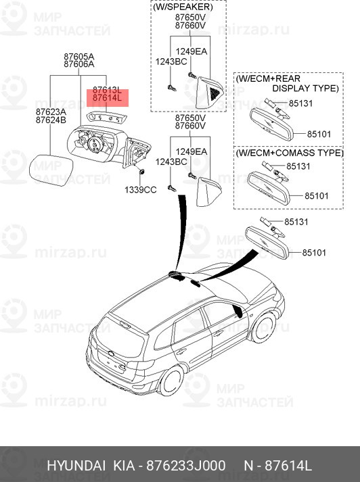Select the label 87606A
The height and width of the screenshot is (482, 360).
pos(78,65)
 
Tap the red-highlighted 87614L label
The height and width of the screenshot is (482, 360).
pos(107,99)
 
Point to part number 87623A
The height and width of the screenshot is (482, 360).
pos(51,112)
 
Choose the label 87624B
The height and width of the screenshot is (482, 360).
pos(51,120)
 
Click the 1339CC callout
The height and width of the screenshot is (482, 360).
pos(140,190)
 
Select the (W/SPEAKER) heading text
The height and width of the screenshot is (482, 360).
pos(189,7)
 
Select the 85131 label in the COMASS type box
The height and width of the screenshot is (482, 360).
pos(298,166)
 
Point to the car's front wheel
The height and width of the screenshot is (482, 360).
pos(261,327)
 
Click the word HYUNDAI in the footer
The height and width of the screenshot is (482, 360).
pos(76,467)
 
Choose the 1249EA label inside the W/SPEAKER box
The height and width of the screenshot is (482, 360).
pos(192,51)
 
